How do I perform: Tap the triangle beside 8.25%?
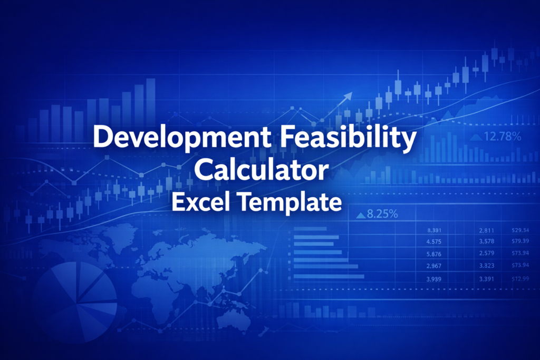(x=361, y=215)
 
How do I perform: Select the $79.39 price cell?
(x=520, y=242)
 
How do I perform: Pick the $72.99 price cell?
(x=520, y=279)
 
